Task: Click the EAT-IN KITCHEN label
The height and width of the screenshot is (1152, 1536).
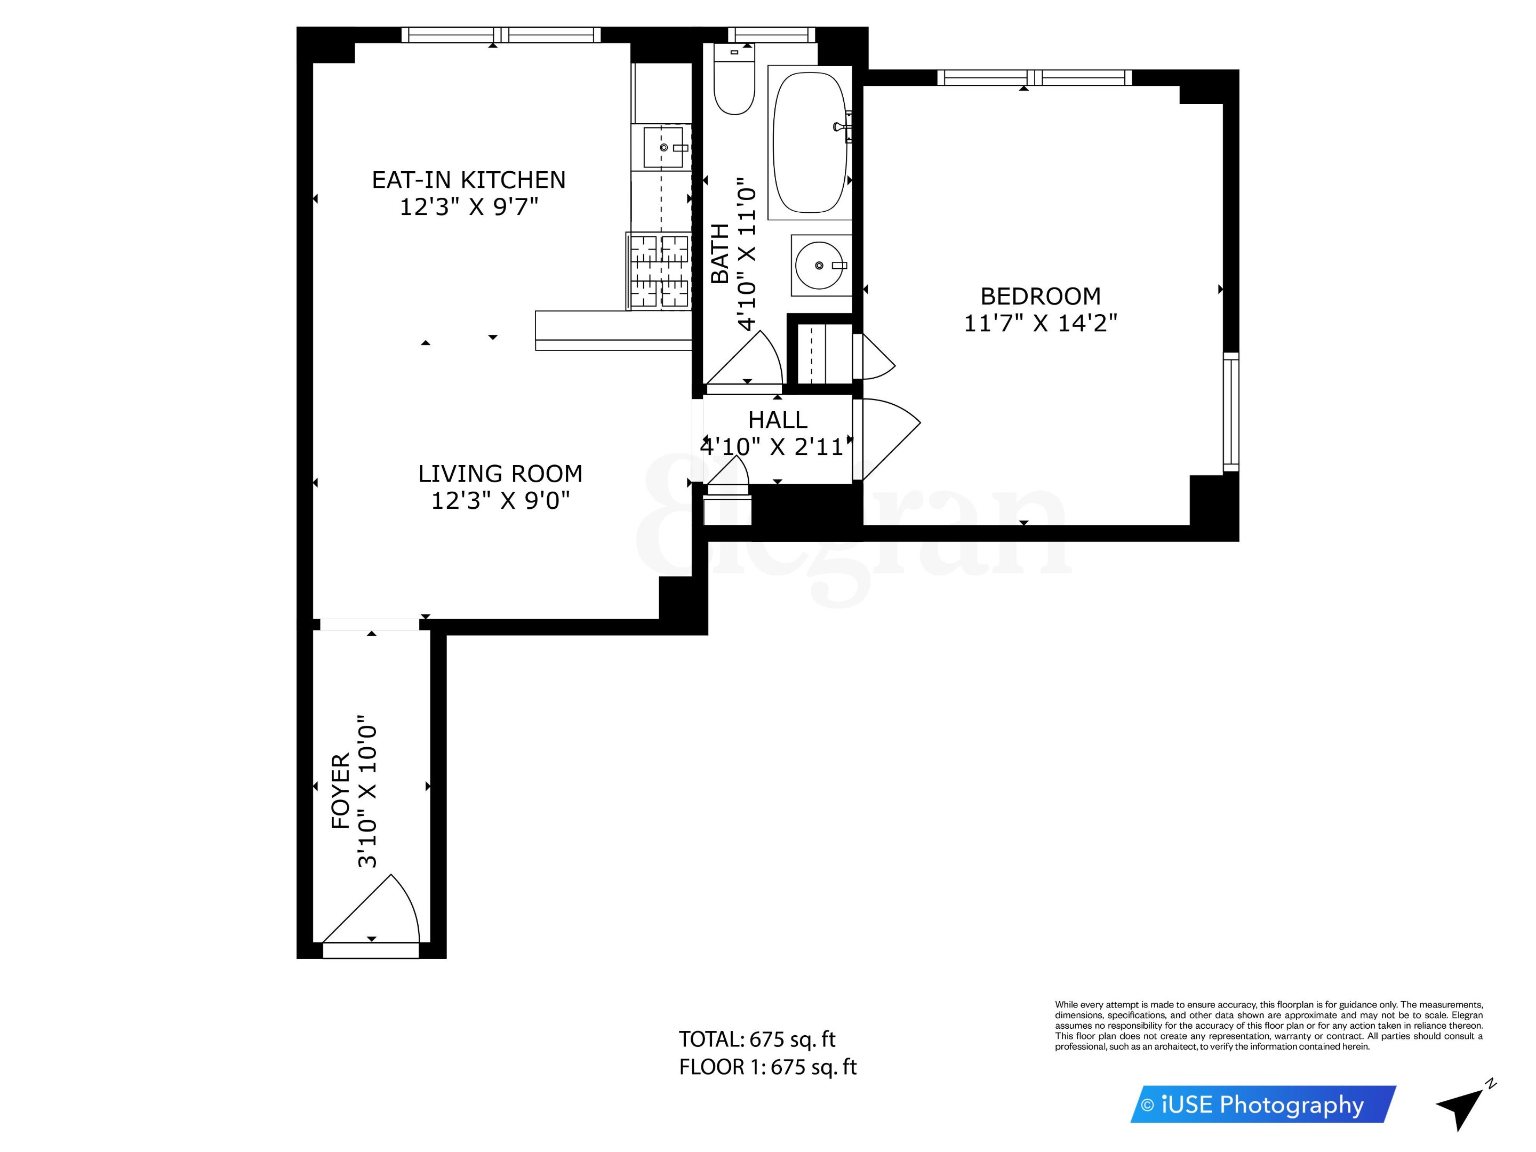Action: point(469,180)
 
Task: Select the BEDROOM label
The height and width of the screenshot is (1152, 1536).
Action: point(1040,297)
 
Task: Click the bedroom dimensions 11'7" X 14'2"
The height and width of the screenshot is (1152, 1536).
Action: point(1040,323)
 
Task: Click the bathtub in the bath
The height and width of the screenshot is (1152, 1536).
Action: point(810,142)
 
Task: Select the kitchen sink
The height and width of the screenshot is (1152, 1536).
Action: point(662,147)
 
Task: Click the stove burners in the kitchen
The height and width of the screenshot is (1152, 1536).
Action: point(659,271)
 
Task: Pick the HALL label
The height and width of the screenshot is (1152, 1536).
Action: point(777,420)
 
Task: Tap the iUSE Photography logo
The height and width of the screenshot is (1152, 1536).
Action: point(1262,1104)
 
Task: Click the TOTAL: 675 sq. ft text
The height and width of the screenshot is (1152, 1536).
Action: point(757,1039)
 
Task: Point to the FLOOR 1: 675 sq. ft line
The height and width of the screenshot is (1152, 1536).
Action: point(767,1067)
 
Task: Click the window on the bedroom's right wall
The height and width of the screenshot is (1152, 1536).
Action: point(1230,411)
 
